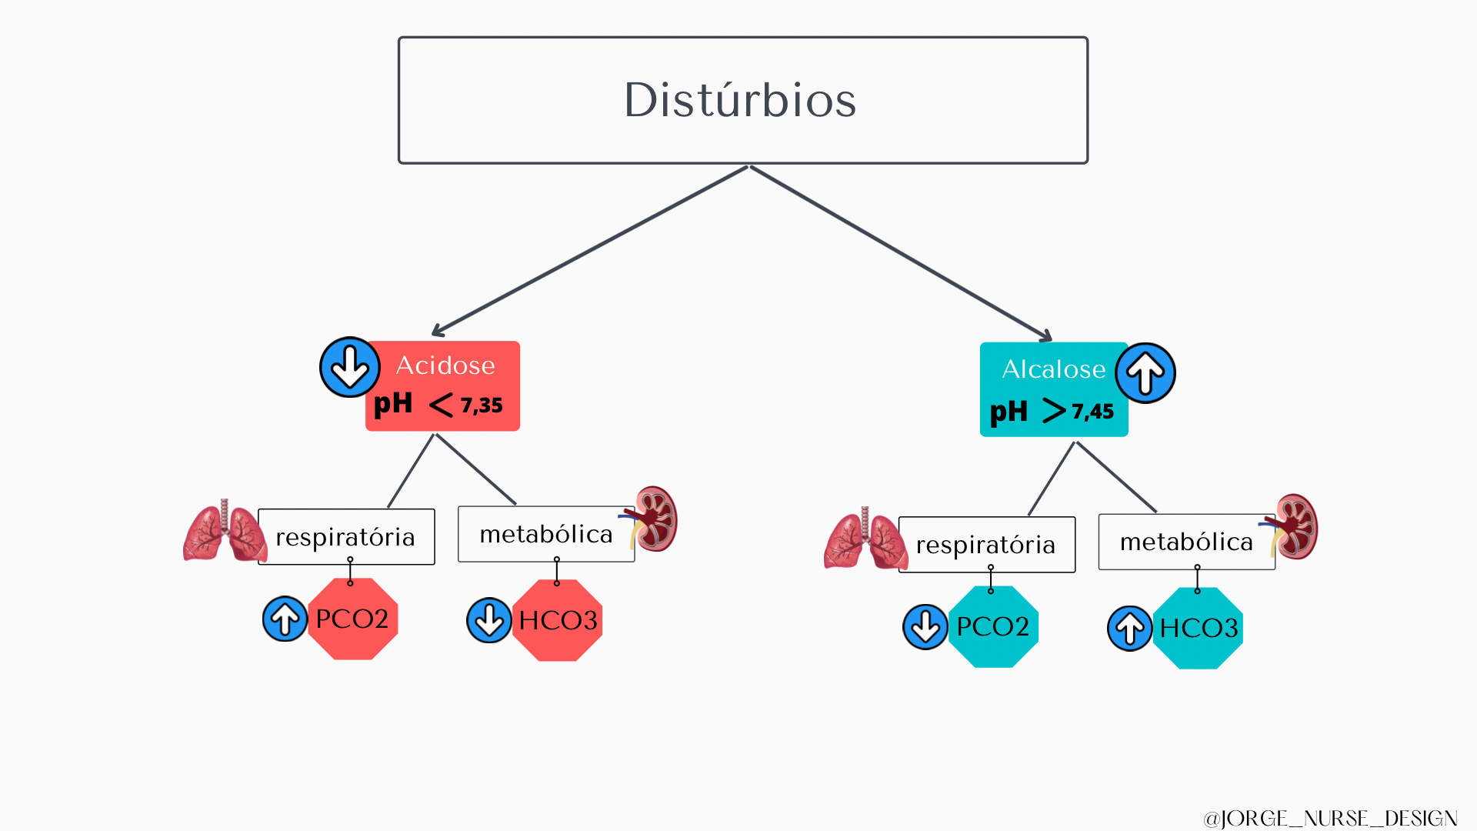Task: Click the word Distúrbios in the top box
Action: pos(740,100)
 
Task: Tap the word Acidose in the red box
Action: pos(445,365)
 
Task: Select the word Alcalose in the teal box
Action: pos(1053,369)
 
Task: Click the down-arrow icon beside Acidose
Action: pos(350,367)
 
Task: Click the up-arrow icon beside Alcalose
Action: pos(1145,373)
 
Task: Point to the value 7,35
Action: pos(482,405)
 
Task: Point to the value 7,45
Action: pos(1092,412)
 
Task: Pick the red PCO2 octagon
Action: pos(352,619)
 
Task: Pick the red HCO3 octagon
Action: pos(558,620)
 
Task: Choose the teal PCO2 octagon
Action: pos(993,626)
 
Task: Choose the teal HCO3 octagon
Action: pos(1199,628)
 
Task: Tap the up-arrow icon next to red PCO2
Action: pos(285,619)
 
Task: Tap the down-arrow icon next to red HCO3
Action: pos(489,620)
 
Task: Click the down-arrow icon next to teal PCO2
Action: pos(925,627)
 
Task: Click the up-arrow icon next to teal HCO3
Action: pos(1129,629)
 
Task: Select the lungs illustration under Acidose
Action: pos(224,532)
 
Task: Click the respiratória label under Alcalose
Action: pos(985,545)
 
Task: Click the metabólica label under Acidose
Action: pos(545,534)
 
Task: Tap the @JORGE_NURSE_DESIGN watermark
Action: pos(1330,818)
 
